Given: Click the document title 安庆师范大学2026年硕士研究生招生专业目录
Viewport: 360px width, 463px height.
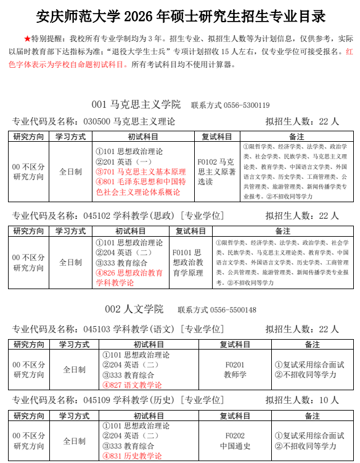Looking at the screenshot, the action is click(180, 15).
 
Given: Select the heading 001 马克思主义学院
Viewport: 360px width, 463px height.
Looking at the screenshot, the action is click(136, 105).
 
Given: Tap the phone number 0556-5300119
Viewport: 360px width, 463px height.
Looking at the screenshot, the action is click(246, 105).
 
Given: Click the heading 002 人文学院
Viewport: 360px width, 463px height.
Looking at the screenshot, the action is click(134, 309).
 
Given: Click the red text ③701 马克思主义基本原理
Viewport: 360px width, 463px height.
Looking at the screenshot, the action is click(141, 172).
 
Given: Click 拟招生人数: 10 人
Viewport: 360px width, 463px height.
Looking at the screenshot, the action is click(302, 400).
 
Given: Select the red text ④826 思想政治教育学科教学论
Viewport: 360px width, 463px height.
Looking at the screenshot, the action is click(129, 277).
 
